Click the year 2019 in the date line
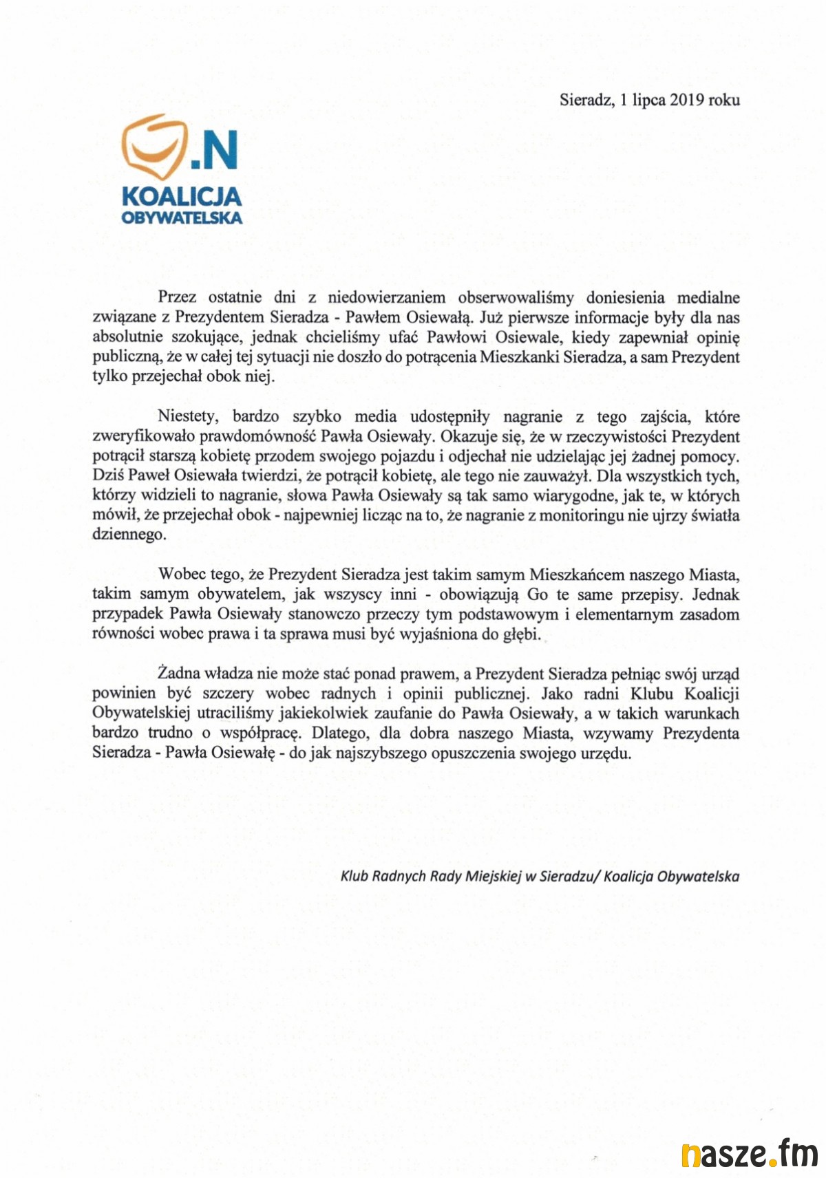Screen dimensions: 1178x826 (x=686, y=100)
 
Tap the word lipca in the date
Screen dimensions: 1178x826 (x=649, y=100)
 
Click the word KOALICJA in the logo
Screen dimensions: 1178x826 (x=182, y=197)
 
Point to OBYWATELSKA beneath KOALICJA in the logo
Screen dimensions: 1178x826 (x=182, y=218)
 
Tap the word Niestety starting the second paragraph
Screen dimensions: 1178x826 (x=188, y=416)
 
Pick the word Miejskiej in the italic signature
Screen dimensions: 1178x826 (x=494, y=877)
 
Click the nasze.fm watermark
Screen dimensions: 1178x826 (x=750, y=1154)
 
